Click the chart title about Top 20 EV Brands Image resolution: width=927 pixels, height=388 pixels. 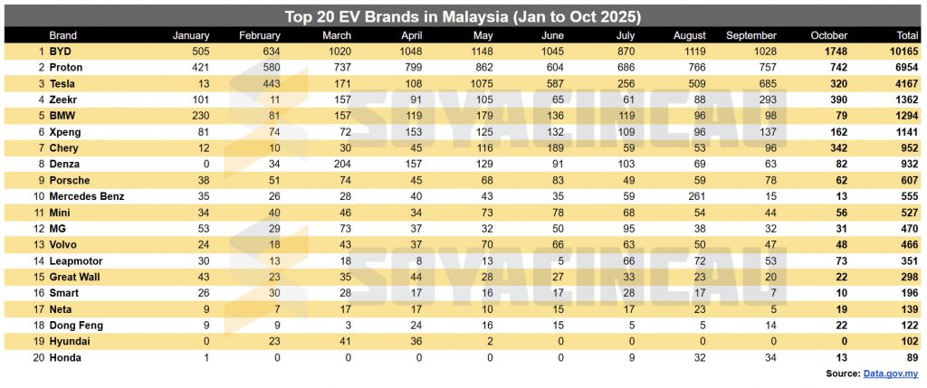(463, 16)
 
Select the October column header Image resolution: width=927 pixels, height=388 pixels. (829, 35)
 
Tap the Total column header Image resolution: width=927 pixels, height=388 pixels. (904, 35)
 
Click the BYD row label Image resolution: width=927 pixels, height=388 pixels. (61, 52)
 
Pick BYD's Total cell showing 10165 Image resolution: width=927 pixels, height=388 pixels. (903, 52)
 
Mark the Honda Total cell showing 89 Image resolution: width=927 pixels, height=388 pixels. (910, 356)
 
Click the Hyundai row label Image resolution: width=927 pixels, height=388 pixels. (69, 340)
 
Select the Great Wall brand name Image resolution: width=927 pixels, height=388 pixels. (76, 276)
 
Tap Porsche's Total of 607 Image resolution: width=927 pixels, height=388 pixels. (907, 180)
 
